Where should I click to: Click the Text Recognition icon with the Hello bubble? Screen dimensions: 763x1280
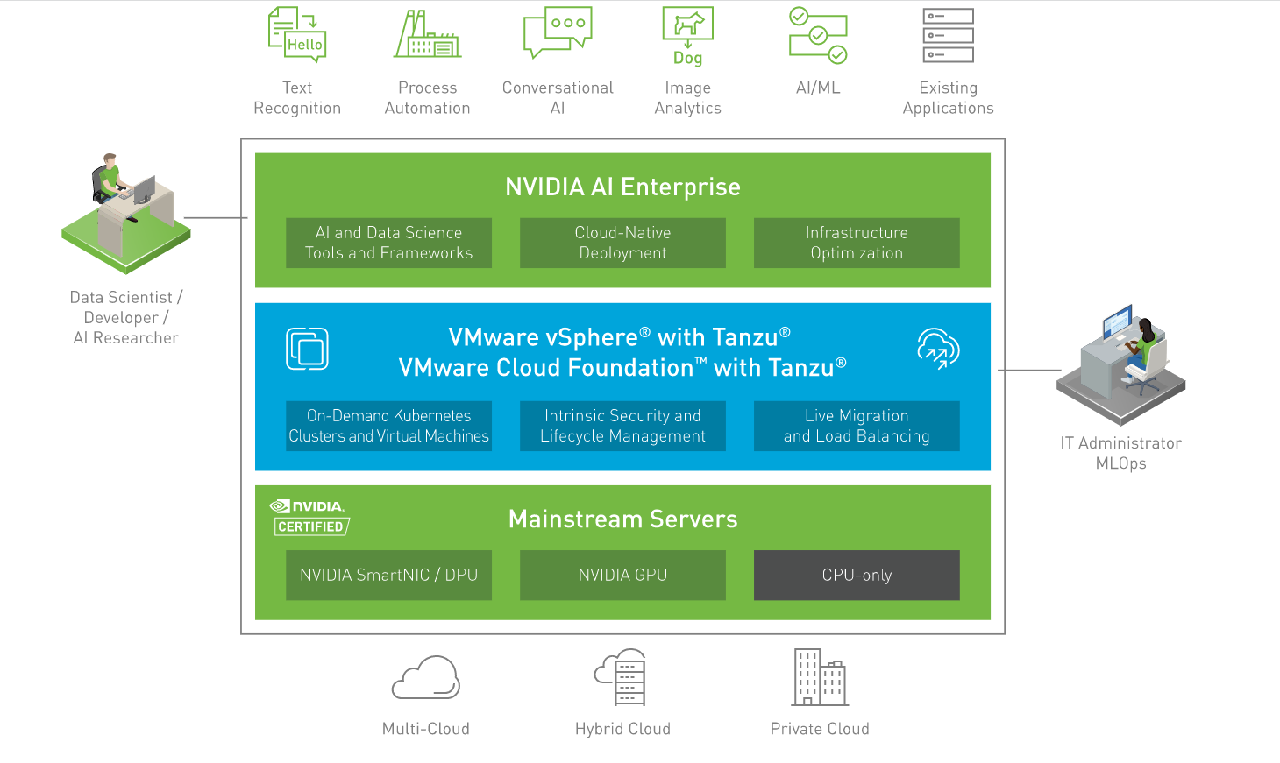(x=297, y=34)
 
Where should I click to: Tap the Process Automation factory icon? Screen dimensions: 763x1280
(x=427, y=35)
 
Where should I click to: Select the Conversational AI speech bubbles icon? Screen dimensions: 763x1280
(x=558, y=32)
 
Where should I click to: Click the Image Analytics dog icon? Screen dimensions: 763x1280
(x=688, y=35)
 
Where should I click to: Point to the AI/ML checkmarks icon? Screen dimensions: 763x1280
(x=818, y=36)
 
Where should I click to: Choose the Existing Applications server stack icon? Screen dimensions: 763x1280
(x=948, y=35)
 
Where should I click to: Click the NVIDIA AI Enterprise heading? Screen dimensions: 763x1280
(x=622, y=187)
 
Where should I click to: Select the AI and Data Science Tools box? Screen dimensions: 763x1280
(x=388, y=243)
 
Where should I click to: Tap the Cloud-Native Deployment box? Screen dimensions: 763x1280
(x=622, y=243)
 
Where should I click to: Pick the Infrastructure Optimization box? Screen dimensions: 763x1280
(x=857, y=243)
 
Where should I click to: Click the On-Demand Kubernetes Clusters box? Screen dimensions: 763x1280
(x=388, y=426)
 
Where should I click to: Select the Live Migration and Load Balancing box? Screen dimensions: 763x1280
(x=857, y=426)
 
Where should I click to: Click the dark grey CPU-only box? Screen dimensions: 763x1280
(x=857, y=575)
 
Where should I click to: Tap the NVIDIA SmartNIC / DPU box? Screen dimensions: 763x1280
(x=388, y=575)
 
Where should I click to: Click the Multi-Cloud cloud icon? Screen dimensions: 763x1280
(x=426, y=678)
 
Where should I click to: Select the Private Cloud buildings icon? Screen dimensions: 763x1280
(x=820, y=677)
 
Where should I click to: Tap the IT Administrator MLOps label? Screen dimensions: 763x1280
(x=1120, y=453)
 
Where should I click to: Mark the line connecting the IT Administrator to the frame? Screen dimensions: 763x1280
(x=1030, y=371)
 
